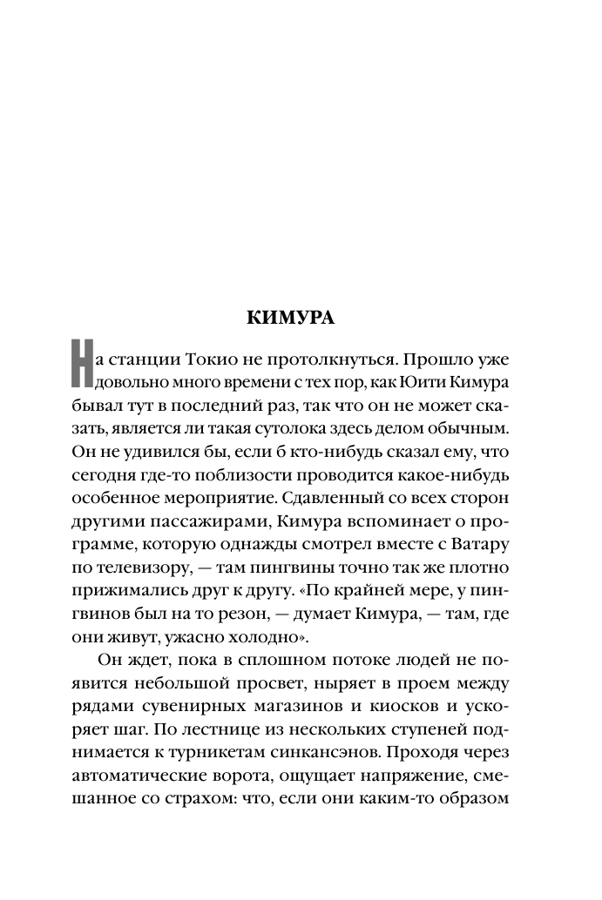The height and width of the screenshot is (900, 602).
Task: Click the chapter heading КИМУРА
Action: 291,319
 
